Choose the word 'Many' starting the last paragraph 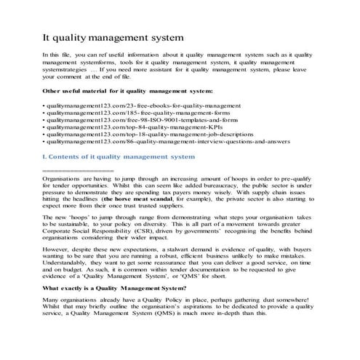pyautogui.click(x=50, y=321)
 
